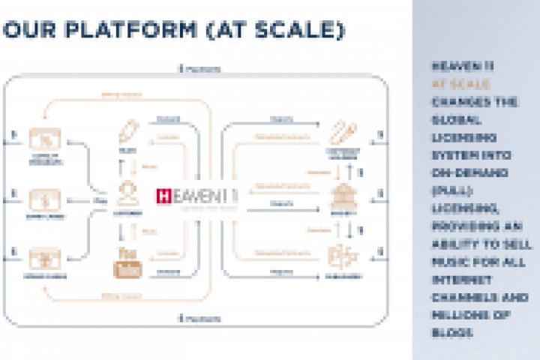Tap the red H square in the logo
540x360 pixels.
click(163, 196)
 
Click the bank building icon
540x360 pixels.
click(343, 196)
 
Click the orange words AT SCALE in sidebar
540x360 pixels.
click(460, 85)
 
